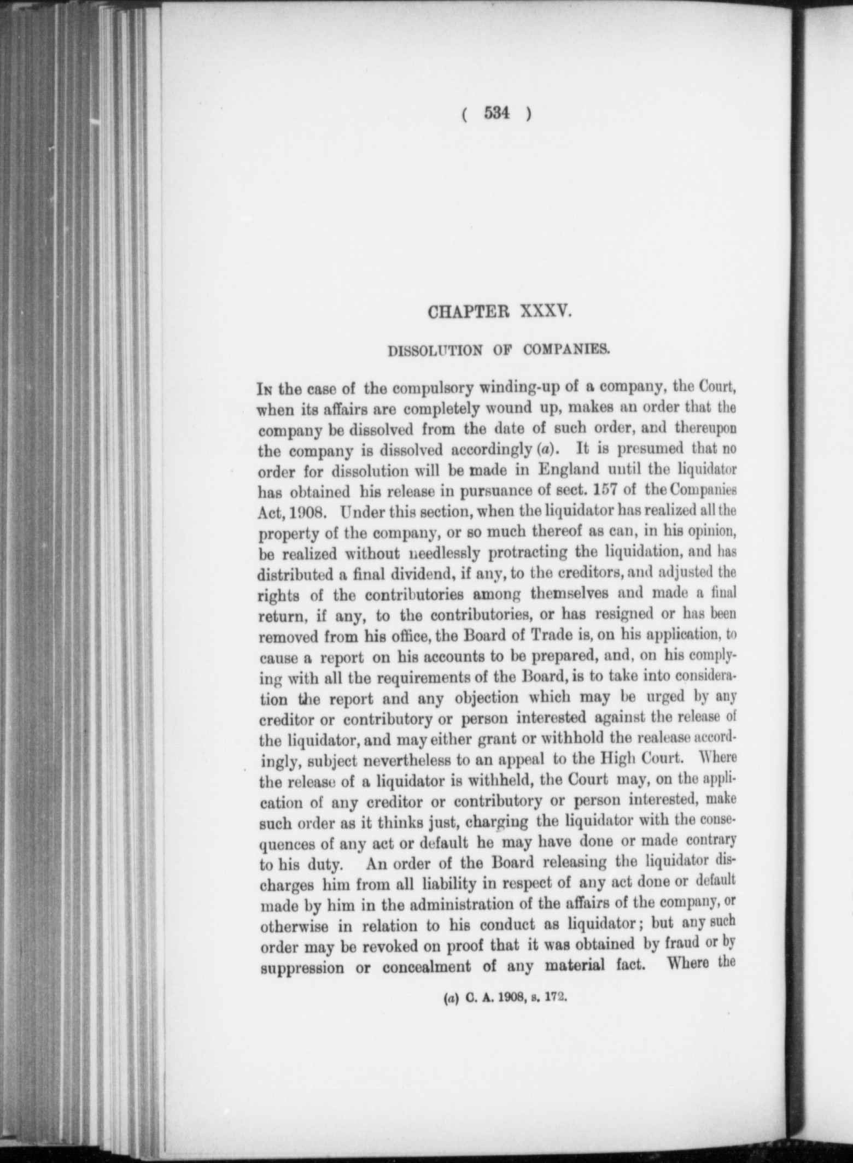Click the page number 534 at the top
(x=496, y=114)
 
